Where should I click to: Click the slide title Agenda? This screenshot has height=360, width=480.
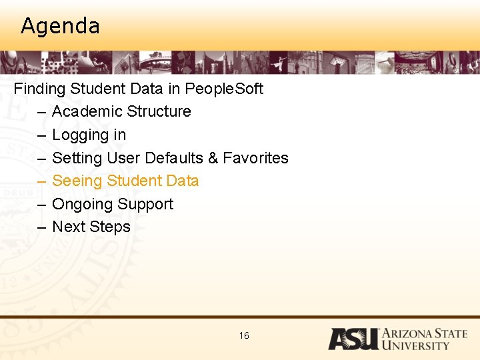point(60,26)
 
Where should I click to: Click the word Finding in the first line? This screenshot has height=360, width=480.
point(39,89)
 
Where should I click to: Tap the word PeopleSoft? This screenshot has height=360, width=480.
point(224,89)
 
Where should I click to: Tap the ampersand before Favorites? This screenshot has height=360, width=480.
point(213,158)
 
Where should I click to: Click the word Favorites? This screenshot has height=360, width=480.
point(255,158)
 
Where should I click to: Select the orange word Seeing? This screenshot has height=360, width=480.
point(77,181)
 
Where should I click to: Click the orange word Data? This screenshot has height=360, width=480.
point(183,181)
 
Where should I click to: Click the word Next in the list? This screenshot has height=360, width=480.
point(68,227)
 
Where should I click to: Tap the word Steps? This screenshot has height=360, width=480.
point(111,227)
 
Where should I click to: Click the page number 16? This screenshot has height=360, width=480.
point(244,335)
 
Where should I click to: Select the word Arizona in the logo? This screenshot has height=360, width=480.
point(409,334)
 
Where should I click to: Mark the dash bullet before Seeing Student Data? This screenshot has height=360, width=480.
point(41,181)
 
